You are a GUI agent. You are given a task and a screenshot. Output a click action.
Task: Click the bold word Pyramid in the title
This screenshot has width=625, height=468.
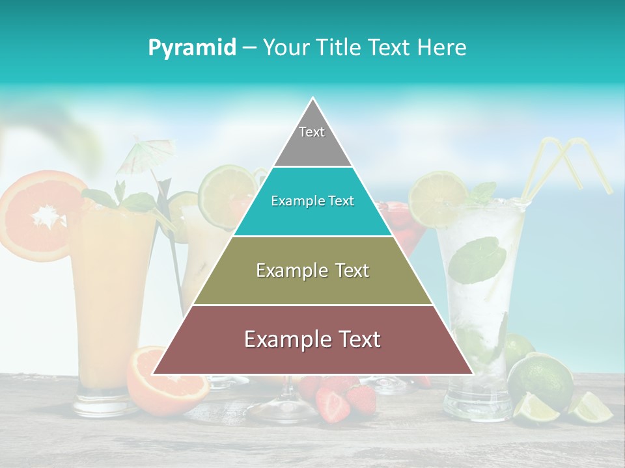(x=191, y=48)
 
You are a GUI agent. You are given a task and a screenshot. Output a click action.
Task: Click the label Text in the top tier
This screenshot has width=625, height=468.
(x=312, y=132)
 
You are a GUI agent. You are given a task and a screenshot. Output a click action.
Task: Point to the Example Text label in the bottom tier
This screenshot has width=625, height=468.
(x=312, y=339)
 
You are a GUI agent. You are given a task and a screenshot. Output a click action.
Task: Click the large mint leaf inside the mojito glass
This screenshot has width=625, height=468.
(x=477, y=260)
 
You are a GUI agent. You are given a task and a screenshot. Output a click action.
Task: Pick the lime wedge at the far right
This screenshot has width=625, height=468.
(x=592, y=408)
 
